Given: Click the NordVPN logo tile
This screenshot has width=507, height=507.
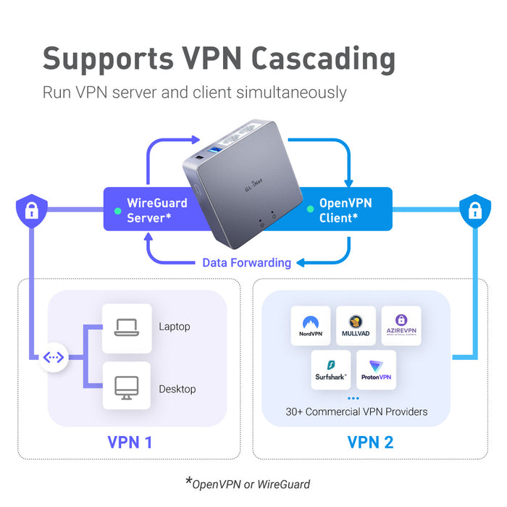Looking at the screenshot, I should (311, 326).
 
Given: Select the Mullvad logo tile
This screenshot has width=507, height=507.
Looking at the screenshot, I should (356, 326).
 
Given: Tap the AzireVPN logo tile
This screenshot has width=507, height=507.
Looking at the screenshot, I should (401, 326).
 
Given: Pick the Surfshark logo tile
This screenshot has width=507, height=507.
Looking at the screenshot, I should (331, 370).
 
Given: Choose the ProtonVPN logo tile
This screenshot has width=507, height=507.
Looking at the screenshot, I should (376, 370).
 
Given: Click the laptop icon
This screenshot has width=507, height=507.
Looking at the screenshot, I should (126, 327).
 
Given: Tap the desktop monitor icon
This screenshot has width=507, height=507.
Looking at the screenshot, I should (126, 389).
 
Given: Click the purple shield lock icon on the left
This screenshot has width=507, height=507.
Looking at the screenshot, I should (31, 211).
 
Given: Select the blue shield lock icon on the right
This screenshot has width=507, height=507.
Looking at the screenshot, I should (474, 211).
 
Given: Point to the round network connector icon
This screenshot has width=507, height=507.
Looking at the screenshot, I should (54, 358).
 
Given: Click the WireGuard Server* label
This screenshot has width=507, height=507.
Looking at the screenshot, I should (156, 210).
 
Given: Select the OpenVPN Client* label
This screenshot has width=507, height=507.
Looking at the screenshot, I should (345, 210).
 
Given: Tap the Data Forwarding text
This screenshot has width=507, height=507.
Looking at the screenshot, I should (246, 263).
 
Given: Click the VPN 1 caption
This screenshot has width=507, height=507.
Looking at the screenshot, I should (130, 442).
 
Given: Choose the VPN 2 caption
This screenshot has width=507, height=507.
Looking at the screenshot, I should (370, 442).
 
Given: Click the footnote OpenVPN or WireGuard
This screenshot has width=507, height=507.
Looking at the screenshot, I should (251, 484).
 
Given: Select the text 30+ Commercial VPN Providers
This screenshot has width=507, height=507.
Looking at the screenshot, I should (356, 411).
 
